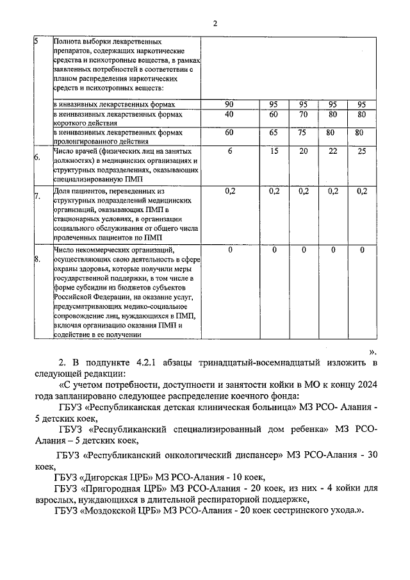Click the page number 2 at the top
215,24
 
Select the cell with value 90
229,104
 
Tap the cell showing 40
229,114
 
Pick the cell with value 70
304,114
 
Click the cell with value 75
304,133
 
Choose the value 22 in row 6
332,151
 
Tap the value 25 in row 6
362,151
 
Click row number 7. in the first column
37,197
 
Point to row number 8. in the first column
37,259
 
